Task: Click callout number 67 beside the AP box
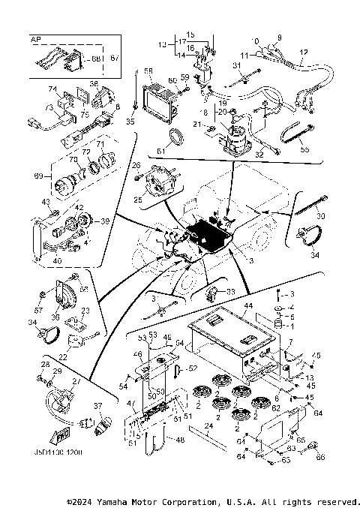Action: pos(115,57)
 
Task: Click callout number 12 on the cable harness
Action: pos(303,52)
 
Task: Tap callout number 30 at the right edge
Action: pos(322,216)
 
